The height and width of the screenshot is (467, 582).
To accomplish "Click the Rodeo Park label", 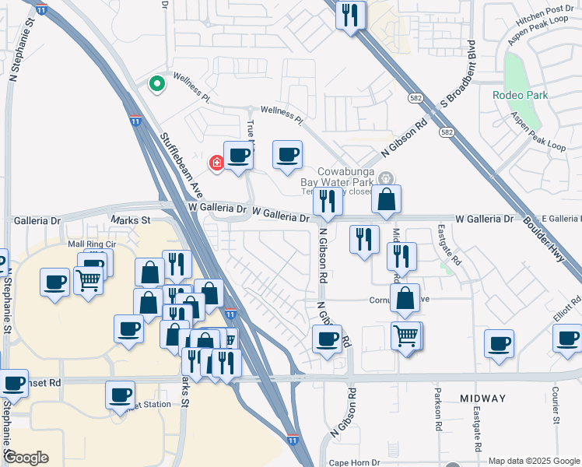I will (520, 95).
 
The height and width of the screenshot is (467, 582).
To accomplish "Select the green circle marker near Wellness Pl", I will (156, 83).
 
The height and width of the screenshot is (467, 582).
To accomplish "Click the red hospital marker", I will (217, 163).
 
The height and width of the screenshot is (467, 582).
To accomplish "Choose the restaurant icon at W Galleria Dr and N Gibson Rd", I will (328, 202).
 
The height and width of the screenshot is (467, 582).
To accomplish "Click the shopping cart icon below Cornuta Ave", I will (406, 337).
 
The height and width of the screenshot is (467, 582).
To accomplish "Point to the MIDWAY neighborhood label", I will (482, 398).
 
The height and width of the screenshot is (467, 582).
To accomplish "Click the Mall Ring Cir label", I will (92, 244).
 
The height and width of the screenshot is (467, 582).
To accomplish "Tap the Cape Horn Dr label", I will (353, 461).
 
